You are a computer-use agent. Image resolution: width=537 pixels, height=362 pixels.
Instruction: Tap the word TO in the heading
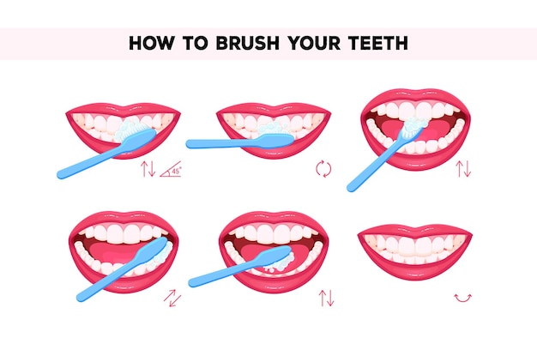coord(189,44)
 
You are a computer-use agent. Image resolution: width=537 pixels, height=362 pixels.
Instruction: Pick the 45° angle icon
coord(172,169)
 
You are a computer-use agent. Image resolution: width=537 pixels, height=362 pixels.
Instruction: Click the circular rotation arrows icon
coord(323,169)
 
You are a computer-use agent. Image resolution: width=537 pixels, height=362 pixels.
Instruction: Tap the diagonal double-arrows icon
coord(172,298)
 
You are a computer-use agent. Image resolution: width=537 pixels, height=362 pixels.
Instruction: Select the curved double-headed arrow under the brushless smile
coord(463,298)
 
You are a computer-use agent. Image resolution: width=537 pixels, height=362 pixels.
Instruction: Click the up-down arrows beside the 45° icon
coord(148,169)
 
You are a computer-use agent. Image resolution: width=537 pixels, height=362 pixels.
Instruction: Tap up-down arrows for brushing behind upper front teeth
coord(463,169)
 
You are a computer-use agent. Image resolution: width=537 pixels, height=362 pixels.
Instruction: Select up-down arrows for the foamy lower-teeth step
coord(326,298)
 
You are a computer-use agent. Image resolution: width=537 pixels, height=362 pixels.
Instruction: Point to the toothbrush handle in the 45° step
coord(86,164)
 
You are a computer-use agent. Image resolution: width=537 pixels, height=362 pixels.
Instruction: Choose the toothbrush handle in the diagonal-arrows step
coord(99,287)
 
